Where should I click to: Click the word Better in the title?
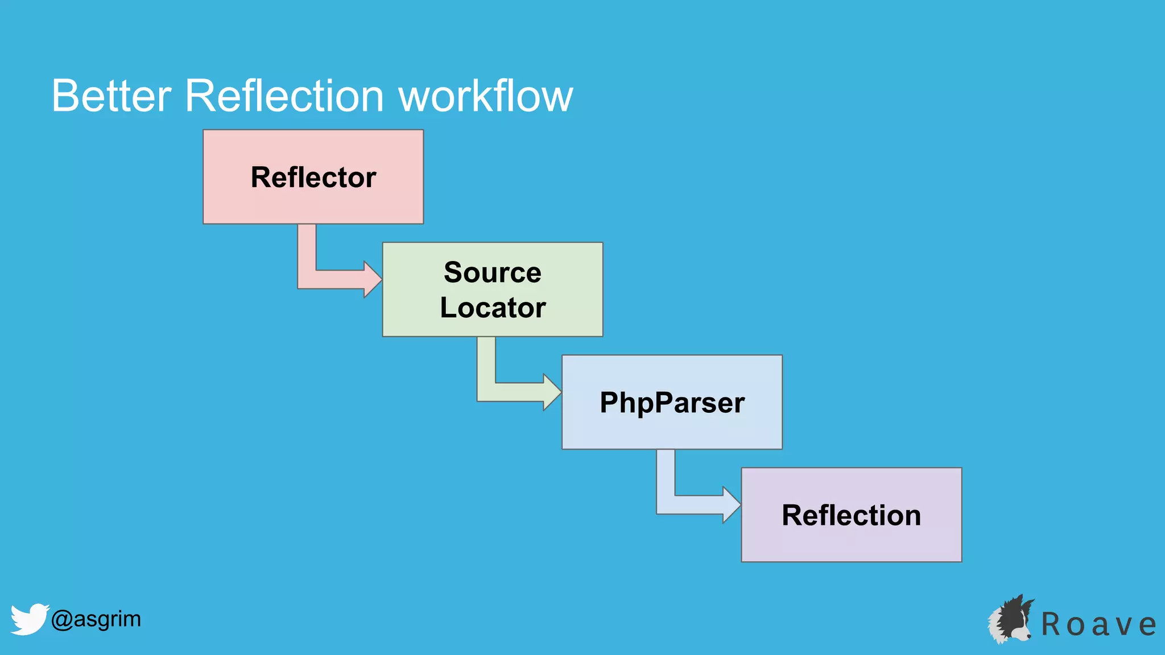tap(111, 96)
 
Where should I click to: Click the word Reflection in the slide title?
tap(284, 96)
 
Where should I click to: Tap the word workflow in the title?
tap(485, 96)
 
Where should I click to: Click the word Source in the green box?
tap(492, 272)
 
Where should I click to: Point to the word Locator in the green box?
tap(493, 308)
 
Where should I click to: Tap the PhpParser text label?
tap(672, 402)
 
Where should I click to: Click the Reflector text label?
tap(313, 177)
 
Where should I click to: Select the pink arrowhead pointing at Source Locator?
tap(372, 279)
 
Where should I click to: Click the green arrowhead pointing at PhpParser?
tap(552, 392)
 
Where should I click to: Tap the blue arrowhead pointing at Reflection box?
tap(731, 504)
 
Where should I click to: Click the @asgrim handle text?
tap(96, 619)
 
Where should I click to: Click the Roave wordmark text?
tap(1098, 624)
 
